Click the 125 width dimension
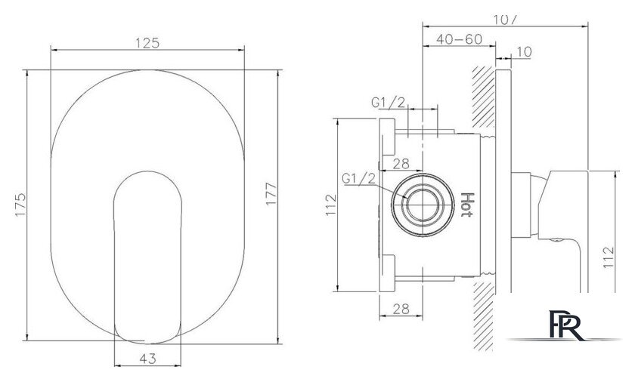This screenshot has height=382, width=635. [149, 43]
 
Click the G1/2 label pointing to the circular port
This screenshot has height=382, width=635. [358, 178]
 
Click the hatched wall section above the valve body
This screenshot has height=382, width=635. [483, 98]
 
